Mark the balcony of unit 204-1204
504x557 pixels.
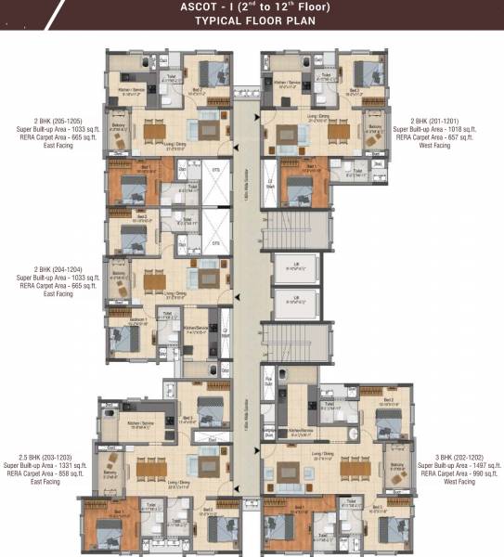[x=118, y=279]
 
